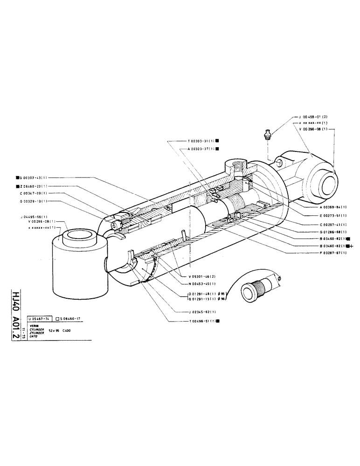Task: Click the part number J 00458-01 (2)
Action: tap(308, 117)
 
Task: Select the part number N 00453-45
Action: tap(199, 284)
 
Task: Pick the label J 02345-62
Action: tap(199, 312)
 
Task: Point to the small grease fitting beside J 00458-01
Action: tap(267, 134)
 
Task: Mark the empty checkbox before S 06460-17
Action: tap(57, 318)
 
